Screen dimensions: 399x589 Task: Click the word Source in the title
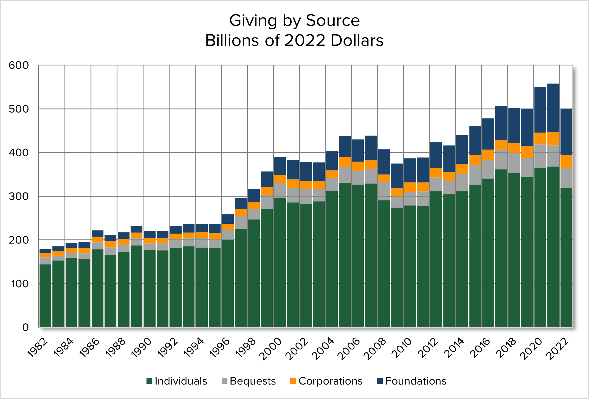click(x=332, y=21)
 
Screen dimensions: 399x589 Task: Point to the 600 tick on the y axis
click(x=19, y=65)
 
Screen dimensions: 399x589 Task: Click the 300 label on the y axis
click(x=19, y=196)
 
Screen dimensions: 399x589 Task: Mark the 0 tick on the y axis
click(x=25, y=327)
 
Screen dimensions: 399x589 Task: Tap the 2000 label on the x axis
click(x=272, y=348)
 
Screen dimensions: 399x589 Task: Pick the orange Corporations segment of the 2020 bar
click(x=540, y=139)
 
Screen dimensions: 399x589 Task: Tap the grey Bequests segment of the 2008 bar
click(x=384, y=191)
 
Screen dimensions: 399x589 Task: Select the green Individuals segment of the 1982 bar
click(x=45, y=296)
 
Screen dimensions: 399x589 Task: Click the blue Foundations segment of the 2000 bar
click(x=280, y=166)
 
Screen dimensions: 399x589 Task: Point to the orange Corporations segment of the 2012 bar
click(x=436, y=173)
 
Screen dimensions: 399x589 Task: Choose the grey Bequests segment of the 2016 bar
click(x=488, y=169)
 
